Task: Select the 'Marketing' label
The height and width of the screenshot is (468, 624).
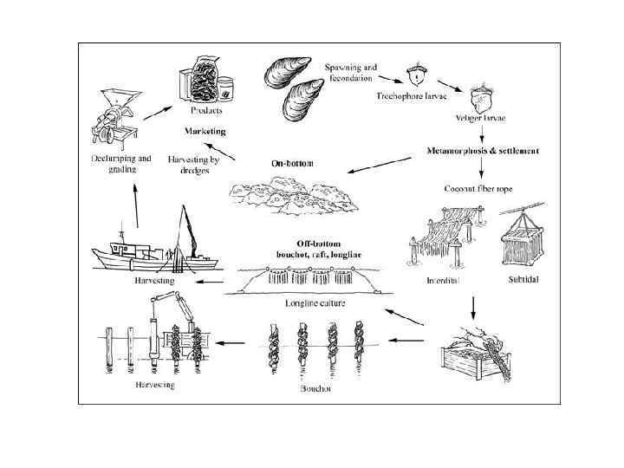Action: click(205, 131)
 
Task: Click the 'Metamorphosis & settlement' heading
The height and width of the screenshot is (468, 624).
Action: click(484, 151)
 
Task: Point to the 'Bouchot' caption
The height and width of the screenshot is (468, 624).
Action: click(315, 389)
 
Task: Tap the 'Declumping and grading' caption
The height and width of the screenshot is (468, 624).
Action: click(120, 165)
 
